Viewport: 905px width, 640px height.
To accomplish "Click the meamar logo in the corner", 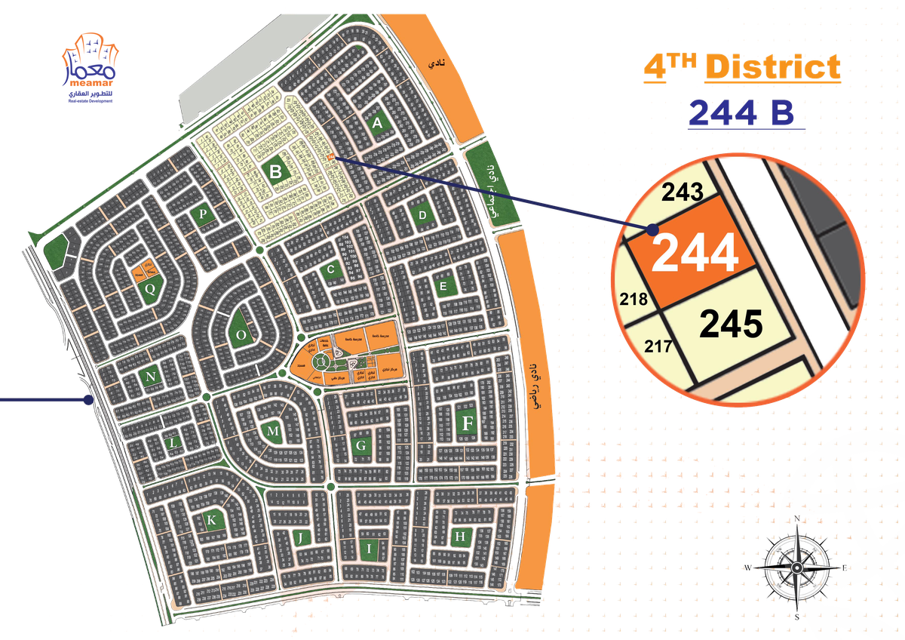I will (x=90, y=68).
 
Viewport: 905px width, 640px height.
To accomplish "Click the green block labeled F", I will (x=467, y=423).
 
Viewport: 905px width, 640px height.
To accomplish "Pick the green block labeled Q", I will (x=150, y=288).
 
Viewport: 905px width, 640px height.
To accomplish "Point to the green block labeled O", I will (x=241, y=334).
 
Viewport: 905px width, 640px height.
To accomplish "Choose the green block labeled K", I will (x=212, y=520).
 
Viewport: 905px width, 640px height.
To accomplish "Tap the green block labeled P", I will (x=202, y=214).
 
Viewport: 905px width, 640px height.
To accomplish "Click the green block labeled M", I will (x=273, y=430).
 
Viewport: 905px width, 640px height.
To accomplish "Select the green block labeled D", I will (x=422, y=216).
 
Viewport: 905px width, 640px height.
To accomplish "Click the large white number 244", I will (x=695, y=253).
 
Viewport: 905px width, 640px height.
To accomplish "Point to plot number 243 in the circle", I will (x=683, y=193).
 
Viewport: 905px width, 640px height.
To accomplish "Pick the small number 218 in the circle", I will (x=633, y=299).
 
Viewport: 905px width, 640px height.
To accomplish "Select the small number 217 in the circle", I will (x=658, y=348).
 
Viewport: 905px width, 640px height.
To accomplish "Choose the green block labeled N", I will (x=151, y=377).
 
